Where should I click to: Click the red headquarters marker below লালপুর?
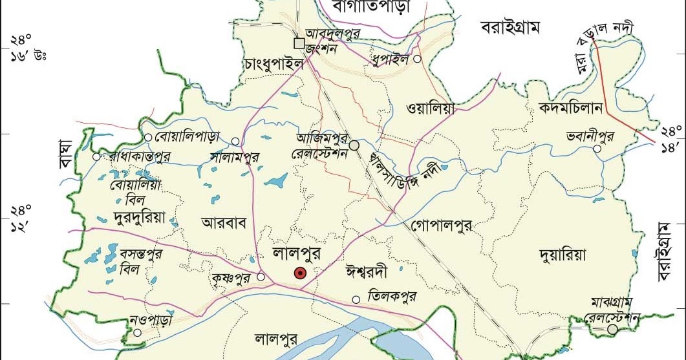point(299,273)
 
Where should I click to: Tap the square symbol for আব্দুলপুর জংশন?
point(299,43)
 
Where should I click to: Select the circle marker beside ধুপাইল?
point(418,59)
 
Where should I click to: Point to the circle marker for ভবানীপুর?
point(597,149)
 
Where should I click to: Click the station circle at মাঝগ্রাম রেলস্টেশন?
point(612,330)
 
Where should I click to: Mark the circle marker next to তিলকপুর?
point(356,299)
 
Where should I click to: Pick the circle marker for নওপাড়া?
point(138,333)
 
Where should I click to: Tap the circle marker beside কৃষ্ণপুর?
point(261,277)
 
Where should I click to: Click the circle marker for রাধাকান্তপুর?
point(96,156)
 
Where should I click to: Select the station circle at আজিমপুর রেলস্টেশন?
point(354,145)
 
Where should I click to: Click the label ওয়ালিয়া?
point(431,109)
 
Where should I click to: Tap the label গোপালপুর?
point(441,226)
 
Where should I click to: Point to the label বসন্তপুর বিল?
point(141,260)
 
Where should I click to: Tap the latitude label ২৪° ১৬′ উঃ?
point(26,48)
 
